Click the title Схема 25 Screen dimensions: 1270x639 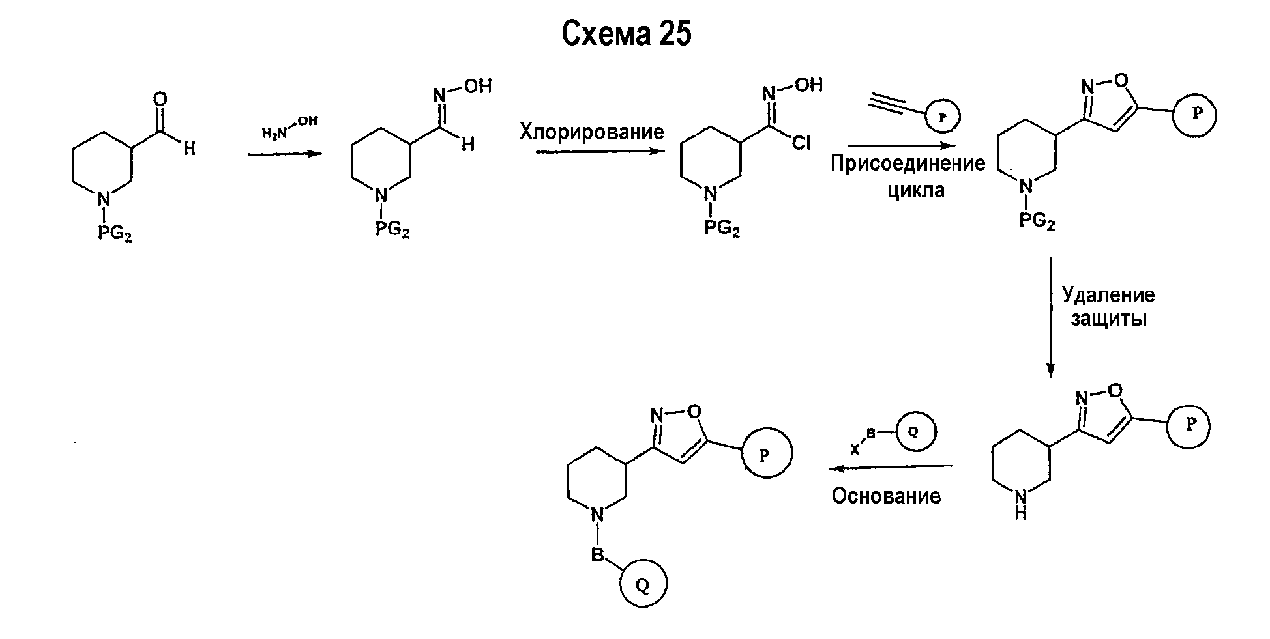click(626, 34)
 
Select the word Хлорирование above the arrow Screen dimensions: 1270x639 click(591, 132)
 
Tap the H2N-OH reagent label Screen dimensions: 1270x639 click(290, 128)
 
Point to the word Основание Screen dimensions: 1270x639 click(886, 496)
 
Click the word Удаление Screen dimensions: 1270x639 click(1108, 294)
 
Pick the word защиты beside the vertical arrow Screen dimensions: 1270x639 click(1108, 319)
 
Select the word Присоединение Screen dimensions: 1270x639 click(908, 163)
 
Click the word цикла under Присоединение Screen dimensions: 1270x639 click(915, 190)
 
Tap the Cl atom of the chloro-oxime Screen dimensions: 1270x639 click(801, 143)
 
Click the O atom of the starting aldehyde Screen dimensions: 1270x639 click(160, 100)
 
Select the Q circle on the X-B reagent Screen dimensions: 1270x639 click(913, 431)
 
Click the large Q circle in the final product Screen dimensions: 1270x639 click(642, 586)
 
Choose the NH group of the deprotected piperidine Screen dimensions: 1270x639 click(1020, 505)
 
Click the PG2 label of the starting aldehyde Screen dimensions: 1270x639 click(115, 233)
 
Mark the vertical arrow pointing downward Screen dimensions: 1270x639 click(1050, 318)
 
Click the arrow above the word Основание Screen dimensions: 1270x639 click(890, 467)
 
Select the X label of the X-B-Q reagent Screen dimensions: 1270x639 click(855, 449)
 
